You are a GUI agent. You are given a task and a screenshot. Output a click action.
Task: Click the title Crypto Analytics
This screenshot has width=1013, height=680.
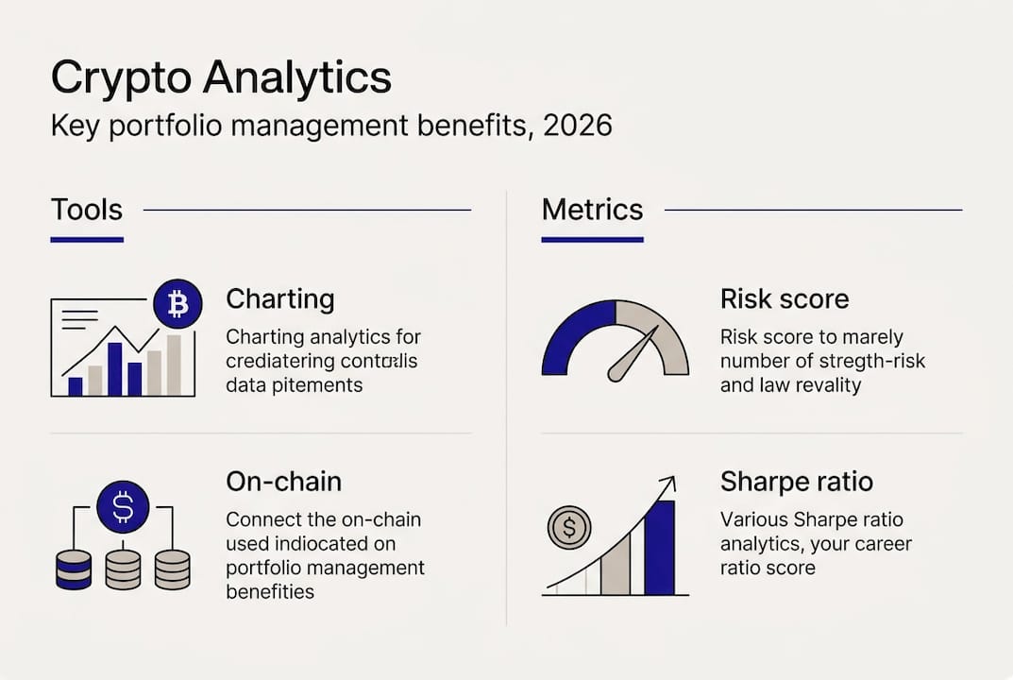(220, 76)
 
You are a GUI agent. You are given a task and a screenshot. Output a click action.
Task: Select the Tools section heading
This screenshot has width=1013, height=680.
(87, 209)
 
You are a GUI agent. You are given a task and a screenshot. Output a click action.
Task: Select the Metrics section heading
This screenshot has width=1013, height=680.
(592, 209)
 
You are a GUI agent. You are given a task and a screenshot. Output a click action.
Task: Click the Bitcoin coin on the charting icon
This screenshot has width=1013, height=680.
(177, 303)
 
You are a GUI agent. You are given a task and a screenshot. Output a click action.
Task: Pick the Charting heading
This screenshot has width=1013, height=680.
(279, 299)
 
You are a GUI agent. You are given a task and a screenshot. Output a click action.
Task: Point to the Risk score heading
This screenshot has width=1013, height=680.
(784, 299)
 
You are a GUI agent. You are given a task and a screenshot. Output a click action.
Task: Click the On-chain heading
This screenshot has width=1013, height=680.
(283, 481)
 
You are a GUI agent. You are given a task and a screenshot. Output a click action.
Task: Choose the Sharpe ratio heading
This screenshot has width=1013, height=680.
(796, 481)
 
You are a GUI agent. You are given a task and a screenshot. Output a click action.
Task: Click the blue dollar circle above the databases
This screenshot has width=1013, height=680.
(123, 506)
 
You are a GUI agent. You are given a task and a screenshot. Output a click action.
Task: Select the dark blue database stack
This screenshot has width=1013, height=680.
(74, 569)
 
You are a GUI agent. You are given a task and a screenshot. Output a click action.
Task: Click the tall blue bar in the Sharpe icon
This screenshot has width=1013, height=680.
(659, 548)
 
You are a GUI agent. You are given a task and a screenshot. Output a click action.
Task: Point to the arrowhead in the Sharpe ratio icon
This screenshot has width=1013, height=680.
(667, 484)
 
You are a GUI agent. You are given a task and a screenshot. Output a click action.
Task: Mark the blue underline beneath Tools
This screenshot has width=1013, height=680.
(87, 240)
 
